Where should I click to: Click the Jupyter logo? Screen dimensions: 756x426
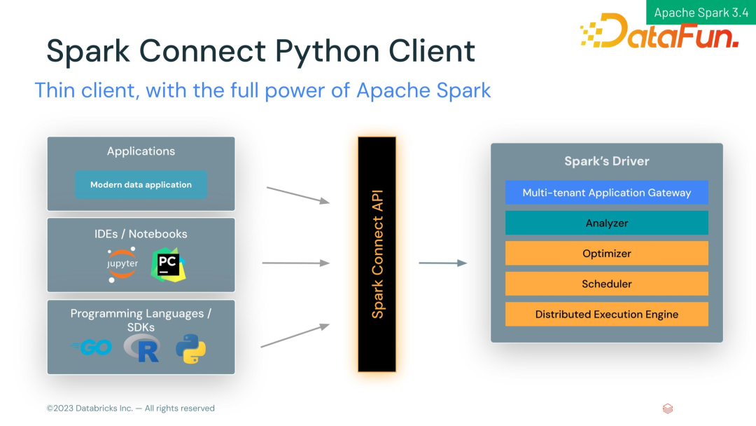122,264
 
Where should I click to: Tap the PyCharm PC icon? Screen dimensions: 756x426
168,265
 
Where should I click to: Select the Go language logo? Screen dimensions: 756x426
91,347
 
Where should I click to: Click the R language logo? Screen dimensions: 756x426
142,348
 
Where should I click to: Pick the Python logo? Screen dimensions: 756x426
191,349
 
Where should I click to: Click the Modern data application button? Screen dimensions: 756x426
141,185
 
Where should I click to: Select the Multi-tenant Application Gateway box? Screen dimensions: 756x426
606,193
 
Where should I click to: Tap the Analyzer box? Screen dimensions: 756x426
606,223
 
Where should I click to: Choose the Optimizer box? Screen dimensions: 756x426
606,253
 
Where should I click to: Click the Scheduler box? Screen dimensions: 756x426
606,284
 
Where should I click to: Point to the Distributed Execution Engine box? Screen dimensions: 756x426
606,314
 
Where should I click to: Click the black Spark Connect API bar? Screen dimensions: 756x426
377,254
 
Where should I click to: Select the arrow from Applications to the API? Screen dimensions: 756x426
298,195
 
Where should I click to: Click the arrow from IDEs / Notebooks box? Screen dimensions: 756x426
296,263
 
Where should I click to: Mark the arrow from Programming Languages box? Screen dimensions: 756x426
295,336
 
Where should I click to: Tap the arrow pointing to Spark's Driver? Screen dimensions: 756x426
443,263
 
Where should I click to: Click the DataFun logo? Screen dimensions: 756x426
659,31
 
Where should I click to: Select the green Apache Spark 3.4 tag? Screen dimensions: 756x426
701,12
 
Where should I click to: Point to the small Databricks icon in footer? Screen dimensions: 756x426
668,408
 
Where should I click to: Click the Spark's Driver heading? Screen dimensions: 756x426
606,161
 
